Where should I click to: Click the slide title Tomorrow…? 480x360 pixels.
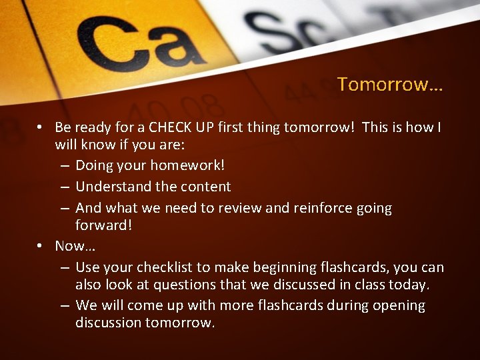pos(390,85)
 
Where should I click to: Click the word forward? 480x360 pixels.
pos(104,225)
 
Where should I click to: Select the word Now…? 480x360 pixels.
pos(75,246)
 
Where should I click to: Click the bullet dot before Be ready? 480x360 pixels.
pos(41,127)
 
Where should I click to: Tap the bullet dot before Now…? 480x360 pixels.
pos(41,246)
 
